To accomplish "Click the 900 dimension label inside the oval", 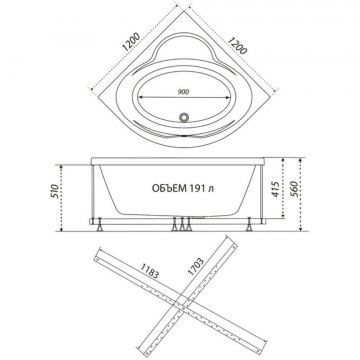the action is click(183, 92).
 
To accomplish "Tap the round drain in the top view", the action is click(184, 117).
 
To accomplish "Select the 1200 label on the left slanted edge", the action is click(130, 42).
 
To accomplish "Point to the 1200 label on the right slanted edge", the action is click(237, 45).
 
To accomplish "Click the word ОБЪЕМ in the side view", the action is click(169, 188).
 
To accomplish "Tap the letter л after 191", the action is click(211, 189).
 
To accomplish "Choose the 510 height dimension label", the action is click(55, 191).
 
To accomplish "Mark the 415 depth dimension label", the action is click(275, 189).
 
